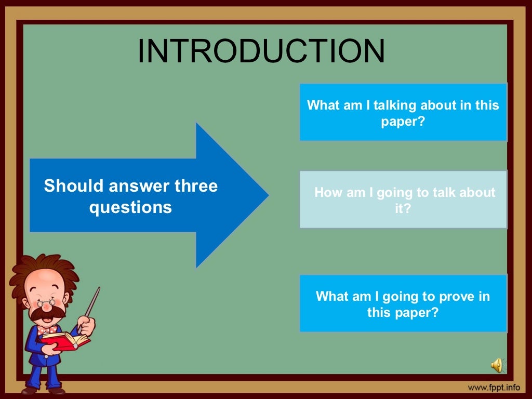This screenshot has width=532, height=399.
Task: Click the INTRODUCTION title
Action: pyautogui.click(x=261, y=51)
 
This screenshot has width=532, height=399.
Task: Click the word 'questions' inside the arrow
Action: pyautogui.click(x=130, y=207)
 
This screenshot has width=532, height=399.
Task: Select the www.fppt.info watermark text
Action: pyautogui.click(x=494, y=388)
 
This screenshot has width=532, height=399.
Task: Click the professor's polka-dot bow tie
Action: pyautogui.click(x=47, y=329)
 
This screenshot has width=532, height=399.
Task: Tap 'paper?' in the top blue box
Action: pyautogui.click(x=403, y=122)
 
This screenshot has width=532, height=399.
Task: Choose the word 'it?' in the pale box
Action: pyautogui.click(x=403, y=209)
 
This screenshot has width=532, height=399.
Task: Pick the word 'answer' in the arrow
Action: pyautogui.click(x=135, y=186)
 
